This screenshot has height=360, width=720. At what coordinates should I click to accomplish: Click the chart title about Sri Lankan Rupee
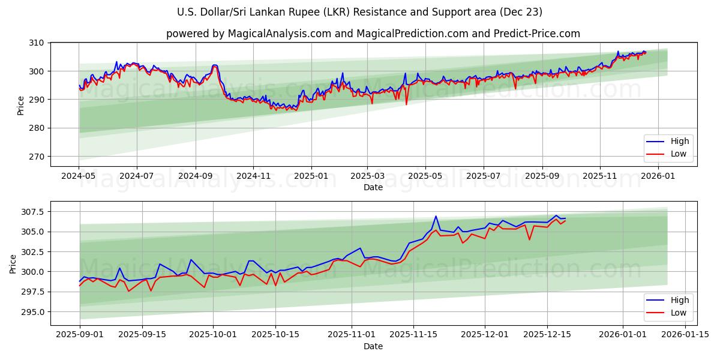(360, 12)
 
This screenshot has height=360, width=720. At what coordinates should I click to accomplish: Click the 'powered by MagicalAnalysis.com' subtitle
(373, 34)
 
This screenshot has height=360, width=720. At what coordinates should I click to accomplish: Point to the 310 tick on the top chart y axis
(37, 43)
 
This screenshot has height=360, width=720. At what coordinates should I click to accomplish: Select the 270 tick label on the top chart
(37, 157)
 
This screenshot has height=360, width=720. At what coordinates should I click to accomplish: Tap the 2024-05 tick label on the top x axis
(79, 176)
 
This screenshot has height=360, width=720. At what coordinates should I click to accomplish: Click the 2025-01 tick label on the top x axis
(311, 176)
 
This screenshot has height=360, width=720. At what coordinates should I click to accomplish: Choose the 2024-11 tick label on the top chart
(253, 176)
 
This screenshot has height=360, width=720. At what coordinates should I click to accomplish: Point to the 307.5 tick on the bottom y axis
(32, 212)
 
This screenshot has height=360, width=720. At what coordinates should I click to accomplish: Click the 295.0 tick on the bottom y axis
(32, 312)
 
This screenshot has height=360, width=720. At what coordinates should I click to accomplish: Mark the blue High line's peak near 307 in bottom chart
(436, 216)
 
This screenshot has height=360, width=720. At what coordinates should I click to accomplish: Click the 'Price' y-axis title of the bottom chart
(13, 263)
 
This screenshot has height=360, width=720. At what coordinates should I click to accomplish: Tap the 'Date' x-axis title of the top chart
(373, 187)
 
